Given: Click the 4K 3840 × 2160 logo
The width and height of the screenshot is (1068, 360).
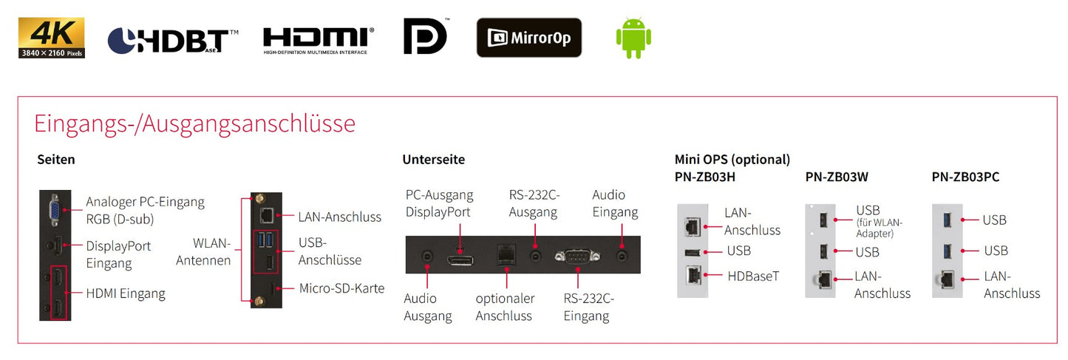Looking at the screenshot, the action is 52,38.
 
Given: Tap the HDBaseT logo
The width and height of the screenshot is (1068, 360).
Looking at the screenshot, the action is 173,41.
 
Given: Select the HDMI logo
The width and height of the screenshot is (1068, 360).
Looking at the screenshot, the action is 319,41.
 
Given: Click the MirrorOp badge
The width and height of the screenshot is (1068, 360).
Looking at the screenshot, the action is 528,38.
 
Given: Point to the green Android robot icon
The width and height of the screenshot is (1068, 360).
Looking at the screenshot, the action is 633,38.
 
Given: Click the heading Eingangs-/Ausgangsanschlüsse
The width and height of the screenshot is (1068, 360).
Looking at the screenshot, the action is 194,123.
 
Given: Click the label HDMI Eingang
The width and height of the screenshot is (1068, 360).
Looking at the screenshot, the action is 126,293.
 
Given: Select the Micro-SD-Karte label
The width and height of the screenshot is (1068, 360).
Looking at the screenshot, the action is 341,288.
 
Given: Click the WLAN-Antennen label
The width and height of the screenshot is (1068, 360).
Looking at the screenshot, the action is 203,252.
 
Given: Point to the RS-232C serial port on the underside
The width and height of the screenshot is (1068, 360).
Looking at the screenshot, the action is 577,257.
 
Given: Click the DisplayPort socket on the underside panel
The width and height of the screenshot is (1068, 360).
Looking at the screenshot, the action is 460,260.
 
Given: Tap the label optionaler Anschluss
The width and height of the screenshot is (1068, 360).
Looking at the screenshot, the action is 505,307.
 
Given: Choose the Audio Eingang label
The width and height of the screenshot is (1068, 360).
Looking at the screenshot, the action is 615,203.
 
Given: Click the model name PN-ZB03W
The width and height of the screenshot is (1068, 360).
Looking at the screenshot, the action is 837,177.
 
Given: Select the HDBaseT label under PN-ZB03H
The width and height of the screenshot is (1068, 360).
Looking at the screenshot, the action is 753,276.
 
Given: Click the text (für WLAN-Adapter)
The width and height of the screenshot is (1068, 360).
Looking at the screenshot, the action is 880,228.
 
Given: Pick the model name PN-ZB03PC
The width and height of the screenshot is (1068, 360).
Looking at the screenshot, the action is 965,177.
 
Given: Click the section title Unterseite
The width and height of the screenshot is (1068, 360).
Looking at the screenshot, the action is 433,159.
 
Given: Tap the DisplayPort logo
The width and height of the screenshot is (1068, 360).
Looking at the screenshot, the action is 425,36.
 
